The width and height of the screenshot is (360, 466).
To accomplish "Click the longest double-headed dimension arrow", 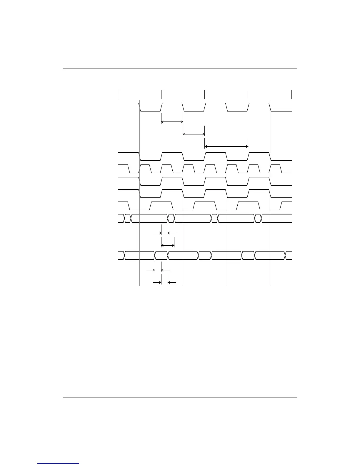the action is pyautogui.click(x=226, y=147).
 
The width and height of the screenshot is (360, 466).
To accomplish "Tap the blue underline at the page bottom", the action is pyautogui.click(x=58, y=463).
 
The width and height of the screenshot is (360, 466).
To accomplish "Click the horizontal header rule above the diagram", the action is pyautogui.click(x=180, y=69).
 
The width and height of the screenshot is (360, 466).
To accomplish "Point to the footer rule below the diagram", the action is pyautogui.click(x=180, y=397).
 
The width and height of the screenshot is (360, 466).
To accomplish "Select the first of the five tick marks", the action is pyautogui.click(x=118, y=95).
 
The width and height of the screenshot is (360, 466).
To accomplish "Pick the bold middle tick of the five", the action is pyautogui.click(x=205, y=95).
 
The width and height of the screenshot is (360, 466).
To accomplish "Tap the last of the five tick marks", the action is pyautogui.click(x=291, y=95).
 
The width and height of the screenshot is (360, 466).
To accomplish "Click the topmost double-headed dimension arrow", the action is pyautogui.click(x=172, y=122).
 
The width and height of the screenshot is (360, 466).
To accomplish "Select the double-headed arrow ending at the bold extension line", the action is pyautogui.click(x=194, y=134).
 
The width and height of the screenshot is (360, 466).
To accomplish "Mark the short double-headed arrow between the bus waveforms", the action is pyautogui.click(x=168, y=245).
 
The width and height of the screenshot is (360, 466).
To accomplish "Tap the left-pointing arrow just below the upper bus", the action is pyautogui.click(x=172, y=233).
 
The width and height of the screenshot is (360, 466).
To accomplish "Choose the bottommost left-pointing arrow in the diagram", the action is pyautogui.click(x=172, y=282).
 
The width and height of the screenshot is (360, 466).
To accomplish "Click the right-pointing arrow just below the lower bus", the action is pyautogui.click(x=151, y=269).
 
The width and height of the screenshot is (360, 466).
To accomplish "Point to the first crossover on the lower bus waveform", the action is pyautogui.click(x=125, y=255).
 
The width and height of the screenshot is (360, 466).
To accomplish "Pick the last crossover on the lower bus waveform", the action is pyautogui.click(x=285, y=255).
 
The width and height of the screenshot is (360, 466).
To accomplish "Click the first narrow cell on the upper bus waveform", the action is pyautogui.click(x=128, y=218).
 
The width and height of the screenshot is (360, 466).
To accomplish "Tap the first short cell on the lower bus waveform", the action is pyautogui.click(x=161, y=255).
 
